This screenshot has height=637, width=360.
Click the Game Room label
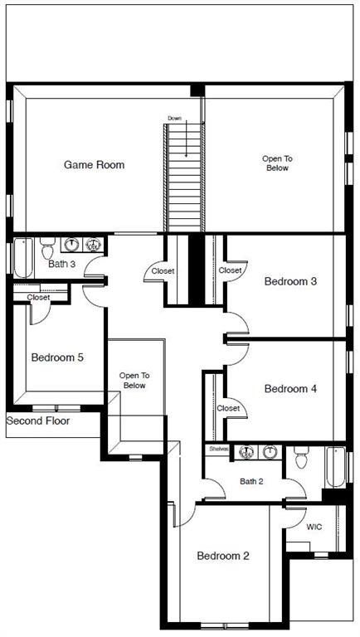(x=94, y=165)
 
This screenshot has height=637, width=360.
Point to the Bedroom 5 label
(x=57, y=358)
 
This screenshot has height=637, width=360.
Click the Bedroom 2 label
(x=223, y=556)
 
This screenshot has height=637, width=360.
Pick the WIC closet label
(x=314, y=527)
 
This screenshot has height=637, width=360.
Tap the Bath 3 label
(x=61, y=265)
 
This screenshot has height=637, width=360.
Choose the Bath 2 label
(x=251, y=481)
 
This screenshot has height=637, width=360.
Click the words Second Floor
(x=38, y=421)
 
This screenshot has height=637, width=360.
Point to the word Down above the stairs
(x=174, y=119)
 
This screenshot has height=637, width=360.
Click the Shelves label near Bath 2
(x=219, y=449)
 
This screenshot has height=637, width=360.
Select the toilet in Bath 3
(x=46, y=247)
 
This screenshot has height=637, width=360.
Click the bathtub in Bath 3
(x=22, y=257)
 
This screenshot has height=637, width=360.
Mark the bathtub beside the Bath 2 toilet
(x=334, y=467)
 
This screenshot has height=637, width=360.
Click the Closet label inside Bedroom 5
(x=38, y=297)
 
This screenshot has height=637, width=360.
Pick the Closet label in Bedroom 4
(x=228, y=408)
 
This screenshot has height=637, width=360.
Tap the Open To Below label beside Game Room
(x=277, y=163)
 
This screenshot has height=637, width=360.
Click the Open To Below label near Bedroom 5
(x=134, y=380)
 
